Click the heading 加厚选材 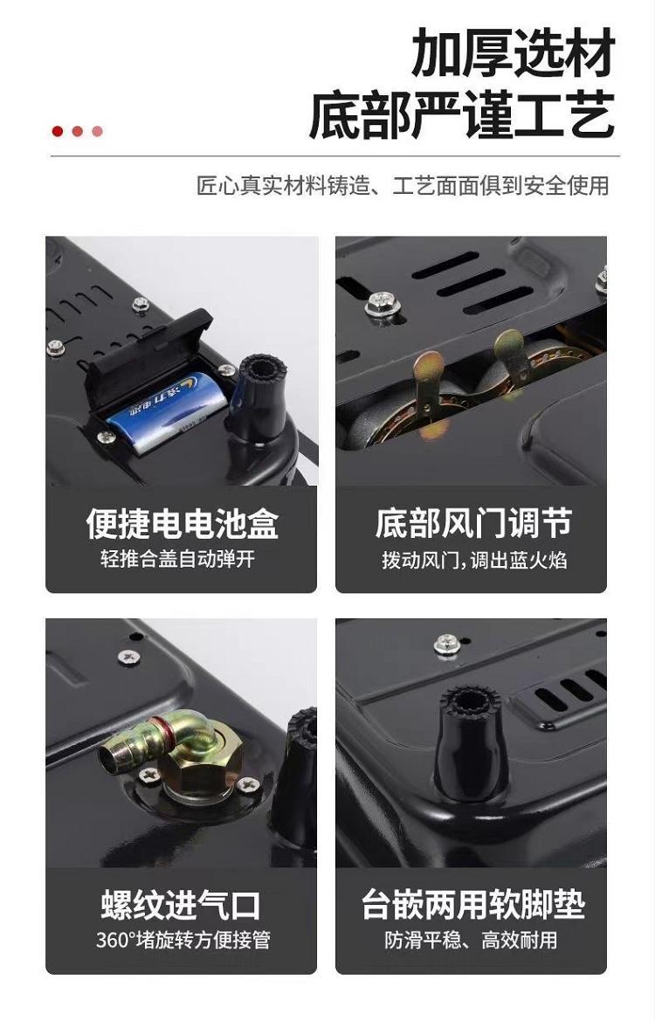(513, 52)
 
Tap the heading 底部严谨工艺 (462, 114)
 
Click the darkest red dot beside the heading (58, 132)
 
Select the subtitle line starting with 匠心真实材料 (403, 185)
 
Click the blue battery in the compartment (168, 412)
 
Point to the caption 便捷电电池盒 (183, 523)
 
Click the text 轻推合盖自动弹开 (178, 558)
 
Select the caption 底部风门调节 (473, 523)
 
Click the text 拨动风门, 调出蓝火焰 (474, 559)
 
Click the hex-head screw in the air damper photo (381, 303)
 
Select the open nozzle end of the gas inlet (111, 756)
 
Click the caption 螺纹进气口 (181, 905)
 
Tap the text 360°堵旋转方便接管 (183, 941)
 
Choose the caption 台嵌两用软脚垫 (473, 905)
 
